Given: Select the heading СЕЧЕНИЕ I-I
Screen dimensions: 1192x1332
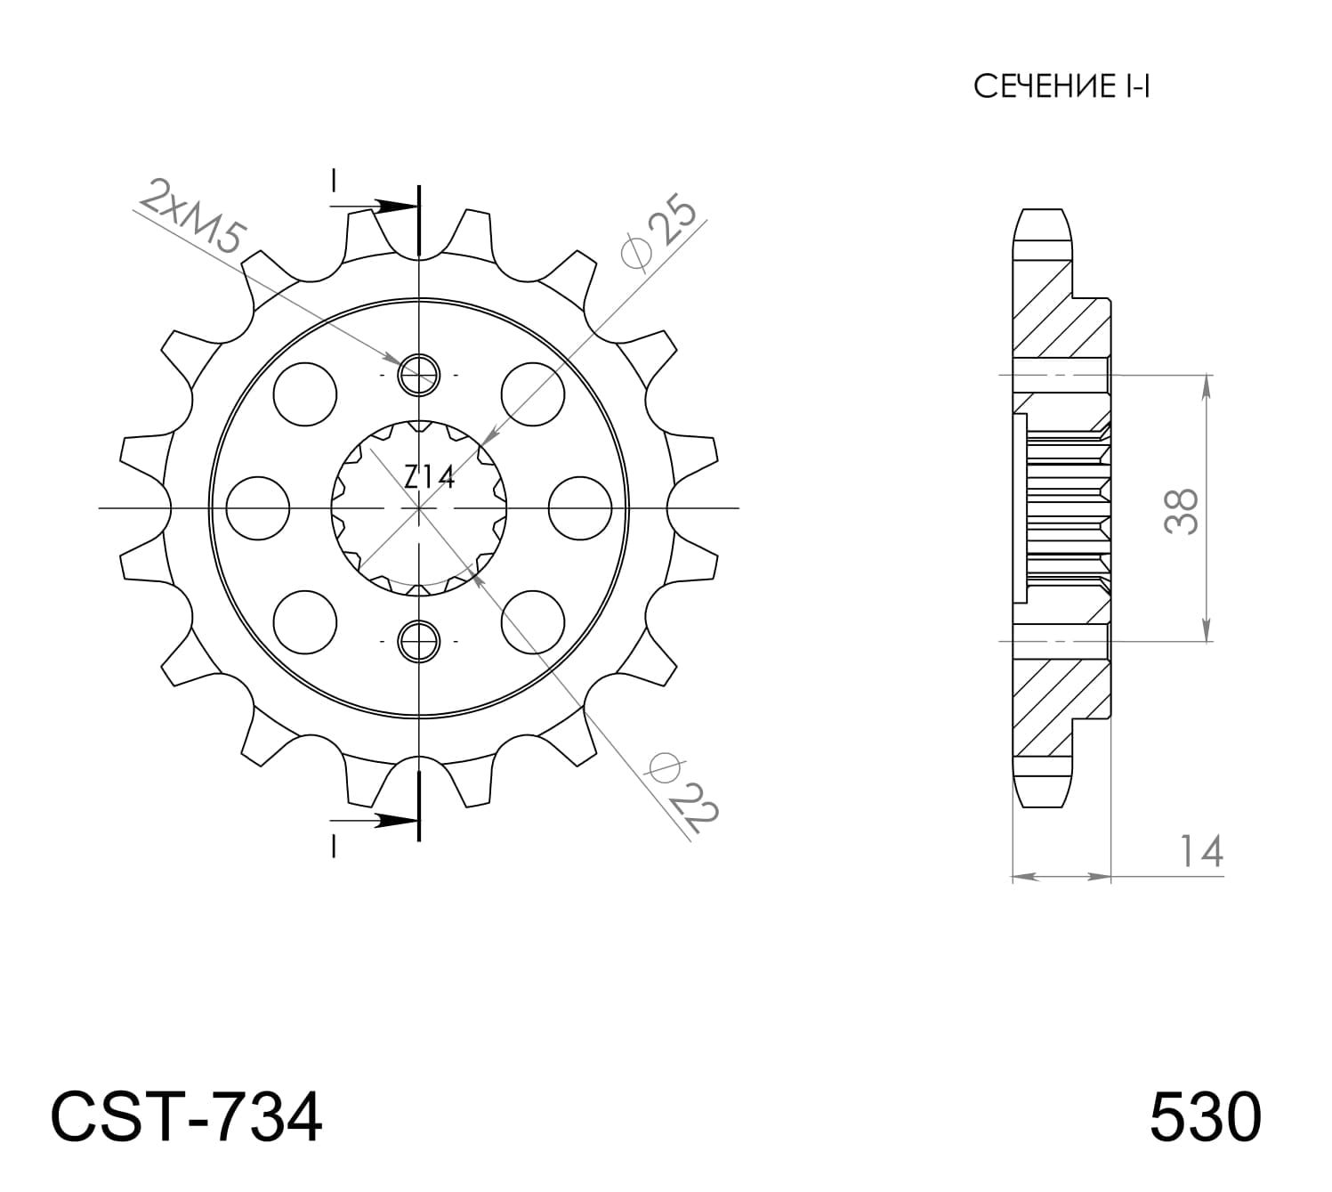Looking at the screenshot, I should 1062,87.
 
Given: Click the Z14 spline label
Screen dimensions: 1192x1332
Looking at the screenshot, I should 429,478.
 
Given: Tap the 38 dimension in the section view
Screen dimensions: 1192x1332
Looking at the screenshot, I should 1182,510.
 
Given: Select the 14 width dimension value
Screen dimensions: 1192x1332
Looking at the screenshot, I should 1200,851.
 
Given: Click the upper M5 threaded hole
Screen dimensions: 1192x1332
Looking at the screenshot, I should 418,375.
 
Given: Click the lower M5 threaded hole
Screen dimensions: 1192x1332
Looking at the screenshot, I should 418,641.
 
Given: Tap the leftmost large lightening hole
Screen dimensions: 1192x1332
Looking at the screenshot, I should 258,508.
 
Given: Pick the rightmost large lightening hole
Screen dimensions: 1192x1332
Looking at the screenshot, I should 580,508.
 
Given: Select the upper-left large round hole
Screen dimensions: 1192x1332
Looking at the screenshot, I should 306,393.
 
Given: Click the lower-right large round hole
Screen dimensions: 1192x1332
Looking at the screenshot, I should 533,621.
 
